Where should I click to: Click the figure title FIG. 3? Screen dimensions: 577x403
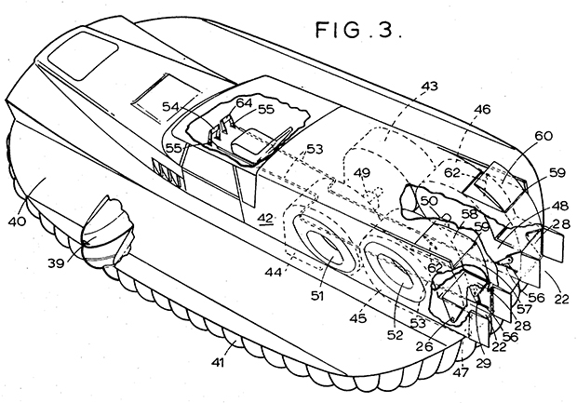click(358, 30)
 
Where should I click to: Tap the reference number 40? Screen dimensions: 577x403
click(18, 222)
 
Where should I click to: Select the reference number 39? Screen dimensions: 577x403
click(56, 262)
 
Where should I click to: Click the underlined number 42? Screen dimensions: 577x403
click(265, 218)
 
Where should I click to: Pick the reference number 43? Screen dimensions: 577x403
click(429, 86)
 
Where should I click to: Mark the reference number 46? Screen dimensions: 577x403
click(482, 109)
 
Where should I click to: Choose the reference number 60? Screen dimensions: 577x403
click(543, 136)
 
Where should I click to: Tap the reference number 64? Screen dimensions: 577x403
click(245, 102)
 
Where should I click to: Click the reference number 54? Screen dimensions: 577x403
click(170, 107)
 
